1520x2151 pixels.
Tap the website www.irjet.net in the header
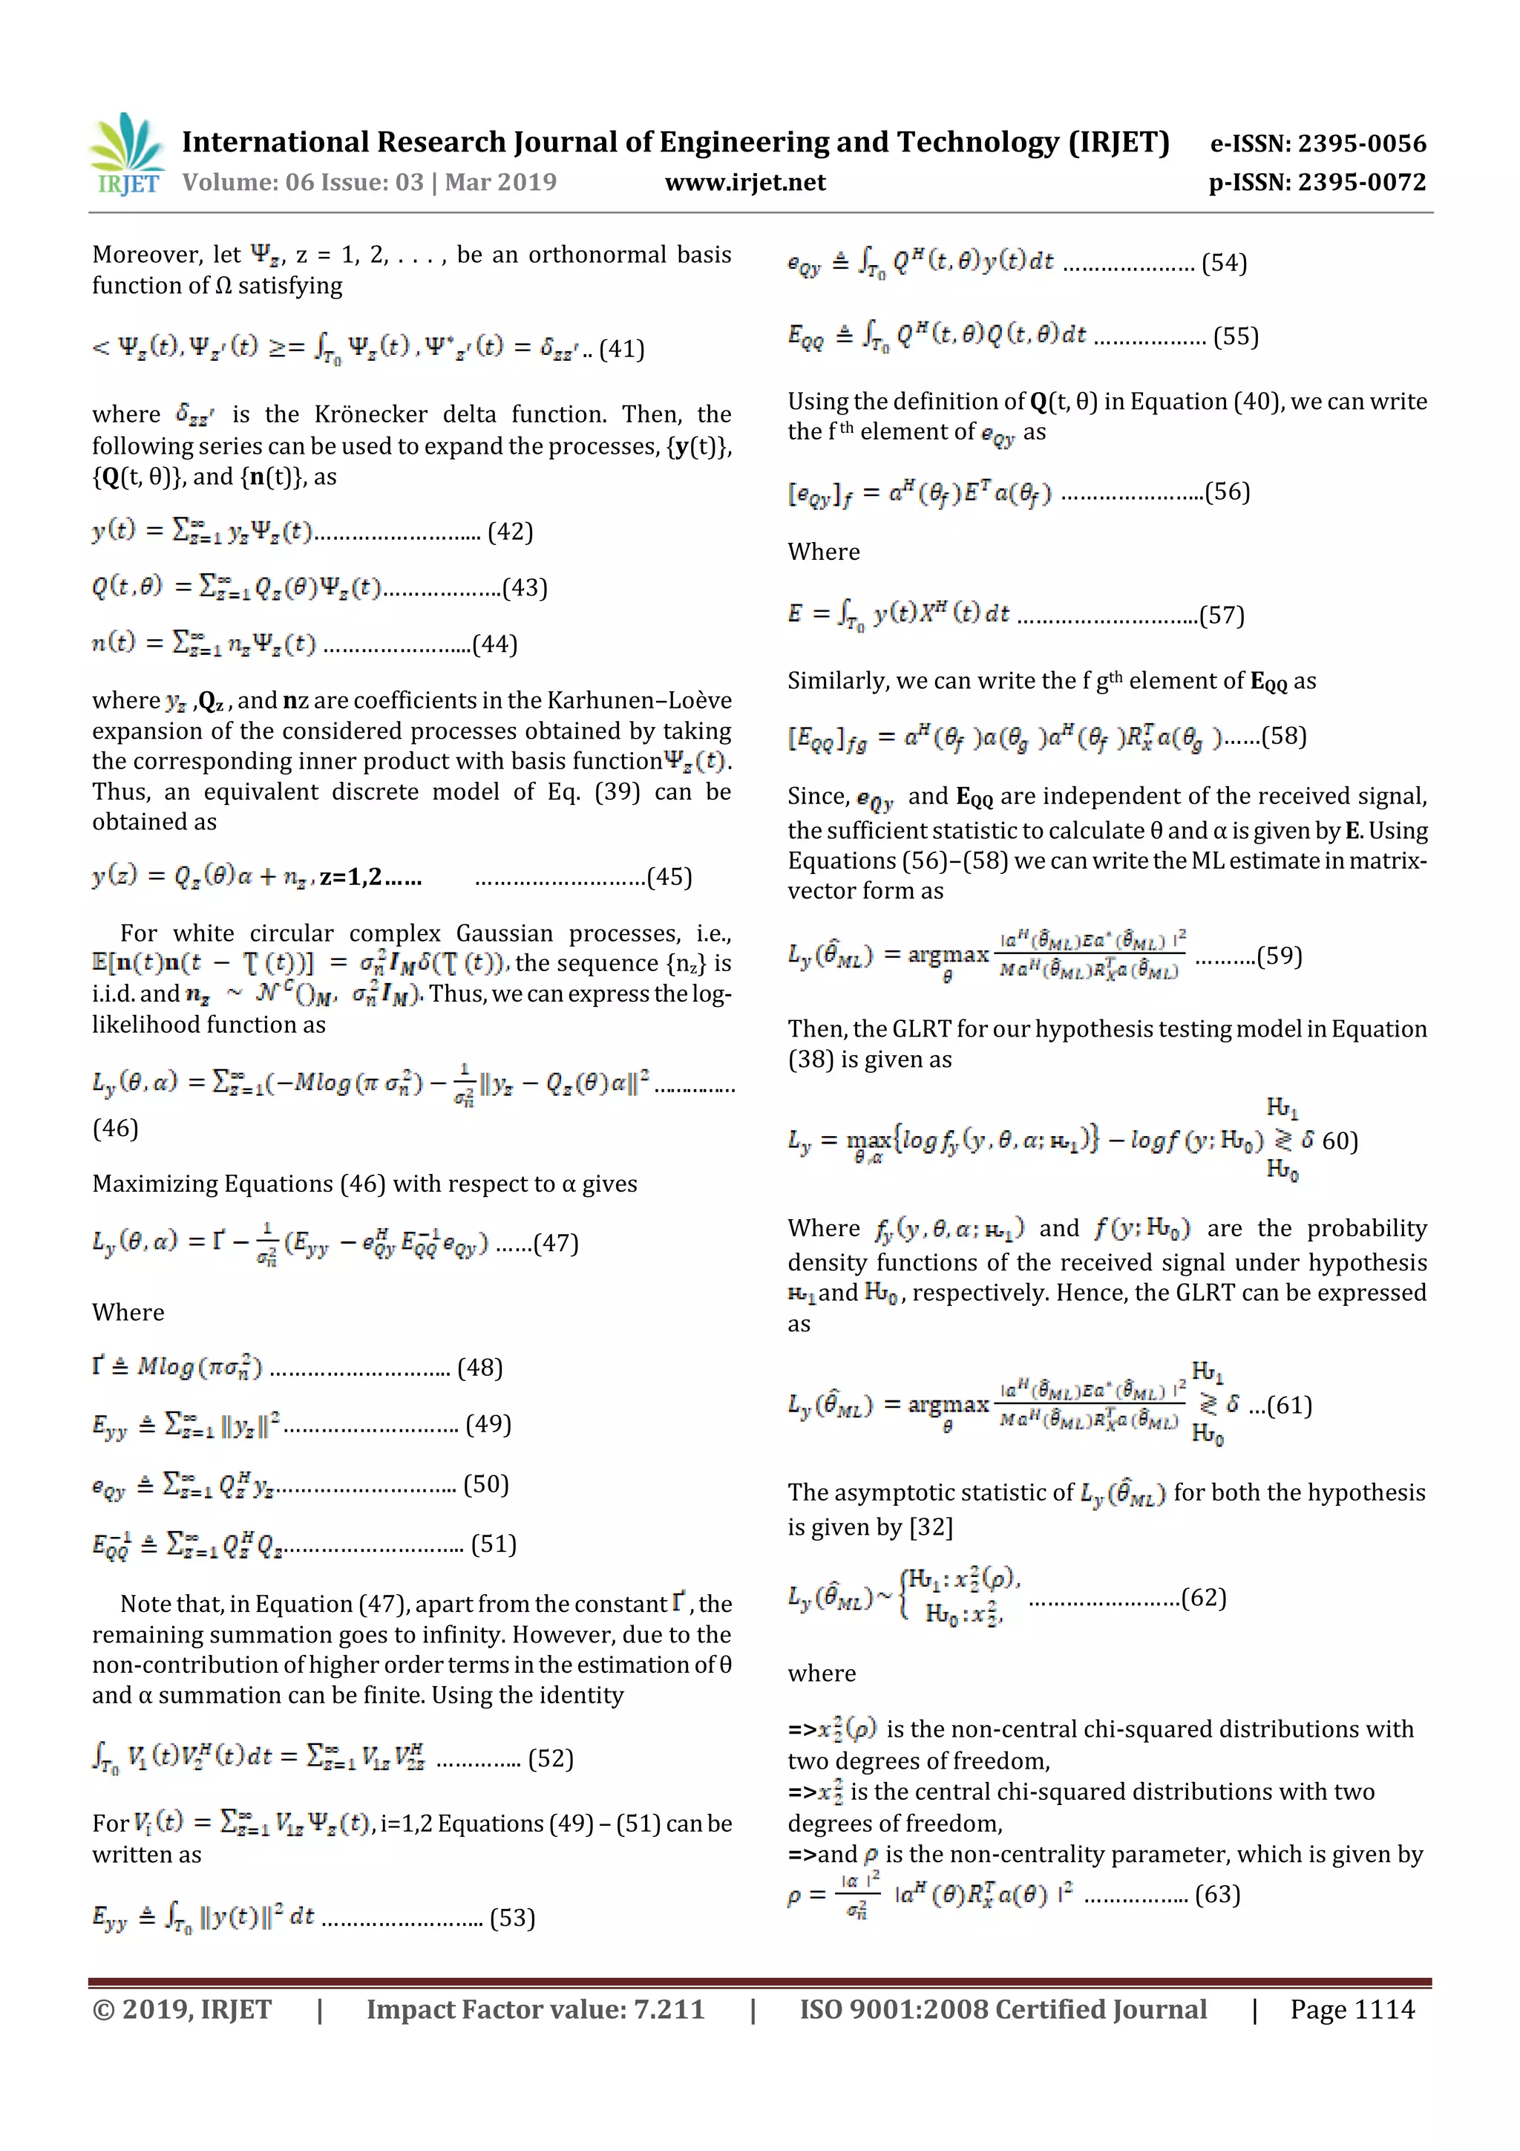point(744,182)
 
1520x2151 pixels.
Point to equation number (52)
point(550,1758)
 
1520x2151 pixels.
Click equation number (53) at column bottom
point(512,1918)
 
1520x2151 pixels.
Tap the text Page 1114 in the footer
point(1352,2008)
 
